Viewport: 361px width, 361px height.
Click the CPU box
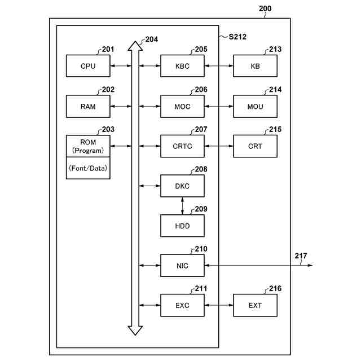[x=88, y=66]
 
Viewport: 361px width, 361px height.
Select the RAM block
[x=88, y=106]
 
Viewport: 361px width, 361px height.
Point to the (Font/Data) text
[x=88, y=168]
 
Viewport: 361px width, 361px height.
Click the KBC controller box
[x=182, y=66]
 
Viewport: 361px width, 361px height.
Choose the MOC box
[x=182, y=106]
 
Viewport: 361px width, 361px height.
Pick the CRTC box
[x=182, y=146]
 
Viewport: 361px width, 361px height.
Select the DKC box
[x=182, y=186]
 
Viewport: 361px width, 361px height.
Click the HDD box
[x=182, y=226]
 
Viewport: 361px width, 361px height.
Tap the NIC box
[x=182, y=265]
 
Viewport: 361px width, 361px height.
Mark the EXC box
[x=182, y=305]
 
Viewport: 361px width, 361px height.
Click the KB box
[x=255, y=66]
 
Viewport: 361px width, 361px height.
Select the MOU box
[x=255, y=106]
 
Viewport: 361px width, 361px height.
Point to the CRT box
[x=255, y=146]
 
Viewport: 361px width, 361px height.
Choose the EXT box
[x=255, y=305]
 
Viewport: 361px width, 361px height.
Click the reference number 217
[x=301, y=256]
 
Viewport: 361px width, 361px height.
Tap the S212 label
[x=237, y=37]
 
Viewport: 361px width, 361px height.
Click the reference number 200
[x=265, y=8]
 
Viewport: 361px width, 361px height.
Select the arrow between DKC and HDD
[x=182, y=206]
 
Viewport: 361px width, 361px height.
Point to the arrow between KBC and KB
[x=218, y=66]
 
